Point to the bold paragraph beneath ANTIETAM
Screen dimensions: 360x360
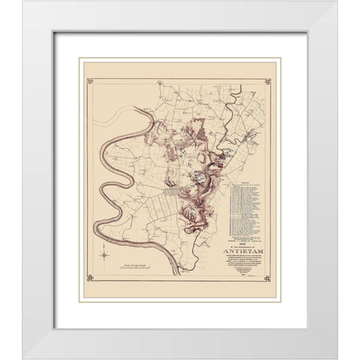[244, 264]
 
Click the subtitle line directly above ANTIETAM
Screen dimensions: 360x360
[244, 244]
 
